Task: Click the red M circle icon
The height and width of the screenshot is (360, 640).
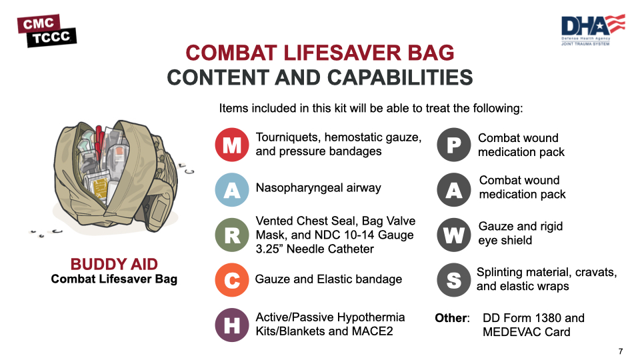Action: (x=232, y=145)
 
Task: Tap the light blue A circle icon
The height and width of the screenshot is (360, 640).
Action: (x=232, y=190)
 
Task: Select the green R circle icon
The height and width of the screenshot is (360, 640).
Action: (x=232, y=235)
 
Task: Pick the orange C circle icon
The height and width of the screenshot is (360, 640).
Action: (x=232, y=280)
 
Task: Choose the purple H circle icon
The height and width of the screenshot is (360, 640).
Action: (x=232, y=325)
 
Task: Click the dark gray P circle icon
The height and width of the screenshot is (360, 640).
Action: (x=454, y=145)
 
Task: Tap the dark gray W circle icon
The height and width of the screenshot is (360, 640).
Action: (x=454, y=235)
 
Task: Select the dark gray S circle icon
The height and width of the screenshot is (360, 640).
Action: (x=454, y=280)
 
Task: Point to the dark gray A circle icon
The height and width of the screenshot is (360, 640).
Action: (x=454, y=190)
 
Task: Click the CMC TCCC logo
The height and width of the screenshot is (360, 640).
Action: (x=47, y=31)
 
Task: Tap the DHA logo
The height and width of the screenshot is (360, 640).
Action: (x=593, y=29)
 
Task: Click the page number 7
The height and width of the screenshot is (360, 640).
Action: (x=621, y=351)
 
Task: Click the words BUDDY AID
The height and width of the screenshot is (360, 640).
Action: (x=114, y=264)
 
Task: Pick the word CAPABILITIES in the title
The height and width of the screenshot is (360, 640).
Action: (x=400, y=77)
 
